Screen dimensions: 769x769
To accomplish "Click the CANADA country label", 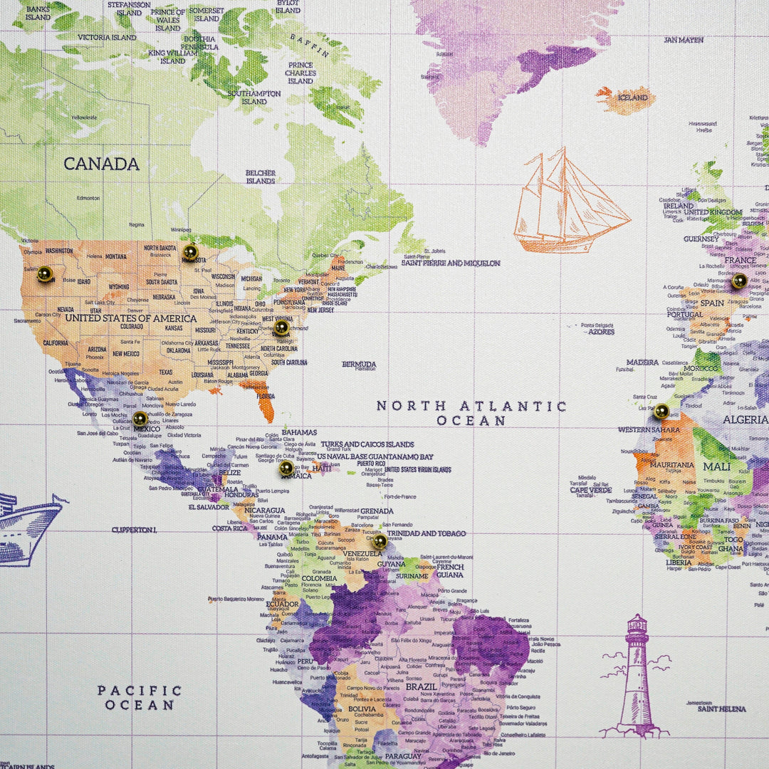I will tap(101, 164).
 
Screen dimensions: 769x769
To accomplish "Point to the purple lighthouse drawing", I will tap(635, 676).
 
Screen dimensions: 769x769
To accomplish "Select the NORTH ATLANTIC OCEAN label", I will tap(471, 413).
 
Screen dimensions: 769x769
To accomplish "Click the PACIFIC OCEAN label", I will tap(140, 698).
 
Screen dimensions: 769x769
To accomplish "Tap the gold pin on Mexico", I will tap(140, 419).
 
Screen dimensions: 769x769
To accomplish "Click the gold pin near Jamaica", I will tap(286, 468).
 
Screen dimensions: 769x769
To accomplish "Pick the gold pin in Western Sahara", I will tap(661, 411).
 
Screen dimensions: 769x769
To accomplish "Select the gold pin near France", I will tap(739, 281).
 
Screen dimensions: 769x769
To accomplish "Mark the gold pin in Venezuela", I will tap(380, 541).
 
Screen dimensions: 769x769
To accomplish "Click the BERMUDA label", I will tap(359, 365).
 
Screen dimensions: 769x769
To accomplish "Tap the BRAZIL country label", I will tap(421, 687).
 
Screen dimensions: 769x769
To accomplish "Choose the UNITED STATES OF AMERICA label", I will tap(130, 318).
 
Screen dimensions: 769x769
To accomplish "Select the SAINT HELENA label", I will tap(721, 709).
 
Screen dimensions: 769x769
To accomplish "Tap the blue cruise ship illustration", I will tap(28, 527).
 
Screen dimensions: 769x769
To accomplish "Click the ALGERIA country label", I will tap(745, 419).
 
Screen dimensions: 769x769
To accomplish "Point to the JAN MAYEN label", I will tap(684, 40).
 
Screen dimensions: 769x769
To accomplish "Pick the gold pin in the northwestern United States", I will tap(45, 273).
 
